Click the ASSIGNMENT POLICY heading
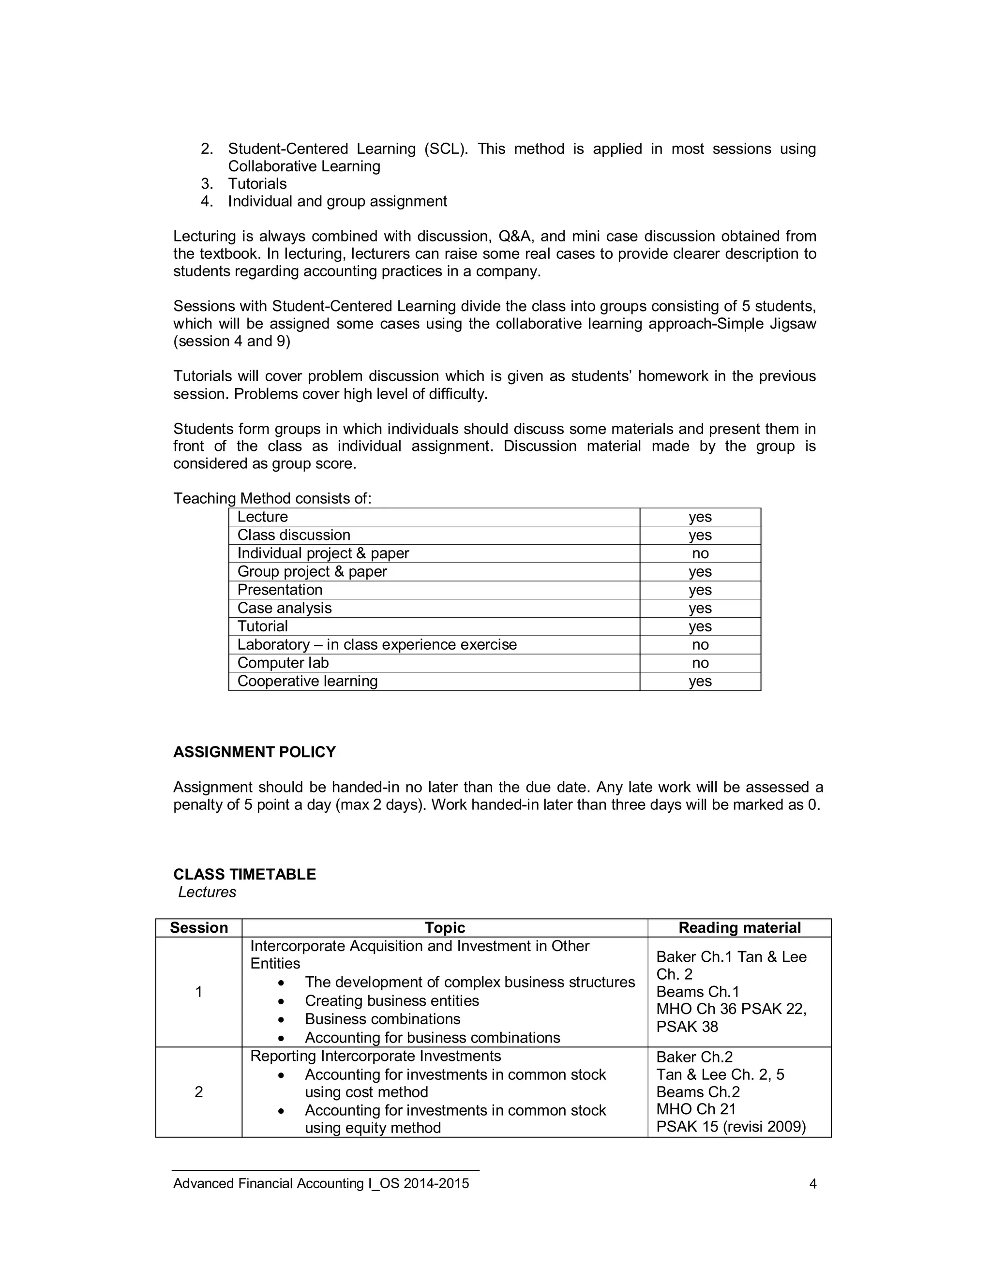click(254, 752)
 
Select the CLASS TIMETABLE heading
click(244, 874)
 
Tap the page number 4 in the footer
click(812, 1183)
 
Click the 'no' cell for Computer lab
click(700, 663)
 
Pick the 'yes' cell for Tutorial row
click(700, 626)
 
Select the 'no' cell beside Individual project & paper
click(700, 553)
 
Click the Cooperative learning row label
click(307, 681)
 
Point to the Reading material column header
click(739, 927)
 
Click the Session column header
click(198, 927)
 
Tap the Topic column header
click(444, 927)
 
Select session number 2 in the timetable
click(198, 1092)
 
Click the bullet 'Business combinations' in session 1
click(382, 1018)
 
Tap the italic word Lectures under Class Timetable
click(207, 892)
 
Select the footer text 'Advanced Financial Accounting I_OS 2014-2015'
click(321, 1183)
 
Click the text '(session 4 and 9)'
click(231, 341)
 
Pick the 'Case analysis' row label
click(284, 608)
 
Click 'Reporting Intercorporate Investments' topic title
click(375, 1056)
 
